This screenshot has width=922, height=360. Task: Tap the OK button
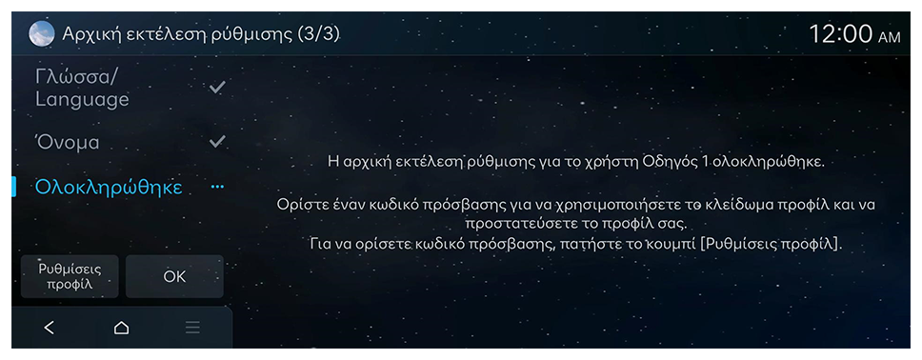click(174, 276)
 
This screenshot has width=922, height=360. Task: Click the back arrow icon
click(50, 328)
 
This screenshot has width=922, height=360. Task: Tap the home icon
click(121, 328)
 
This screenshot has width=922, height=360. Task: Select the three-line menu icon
click(192, 328)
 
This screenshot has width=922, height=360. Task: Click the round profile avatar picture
click(42, 34)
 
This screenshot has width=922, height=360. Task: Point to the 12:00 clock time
click(841, 34)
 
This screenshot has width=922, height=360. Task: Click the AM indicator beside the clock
click(889, 38)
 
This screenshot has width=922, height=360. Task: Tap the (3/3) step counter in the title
click(319, 34)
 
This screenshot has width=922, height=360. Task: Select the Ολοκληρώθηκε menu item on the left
click(109, 187)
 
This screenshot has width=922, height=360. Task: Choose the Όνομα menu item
click(68, 142)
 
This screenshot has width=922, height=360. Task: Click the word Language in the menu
click(82, 100)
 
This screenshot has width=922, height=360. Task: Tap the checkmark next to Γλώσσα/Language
click(217, 88)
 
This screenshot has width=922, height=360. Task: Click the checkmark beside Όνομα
click(217, 141)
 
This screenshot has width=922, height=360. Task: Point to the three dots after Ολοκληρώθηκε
click(217, 187)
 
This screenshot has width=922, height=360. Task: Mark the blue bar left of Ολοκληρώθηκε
click(13, 187)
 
